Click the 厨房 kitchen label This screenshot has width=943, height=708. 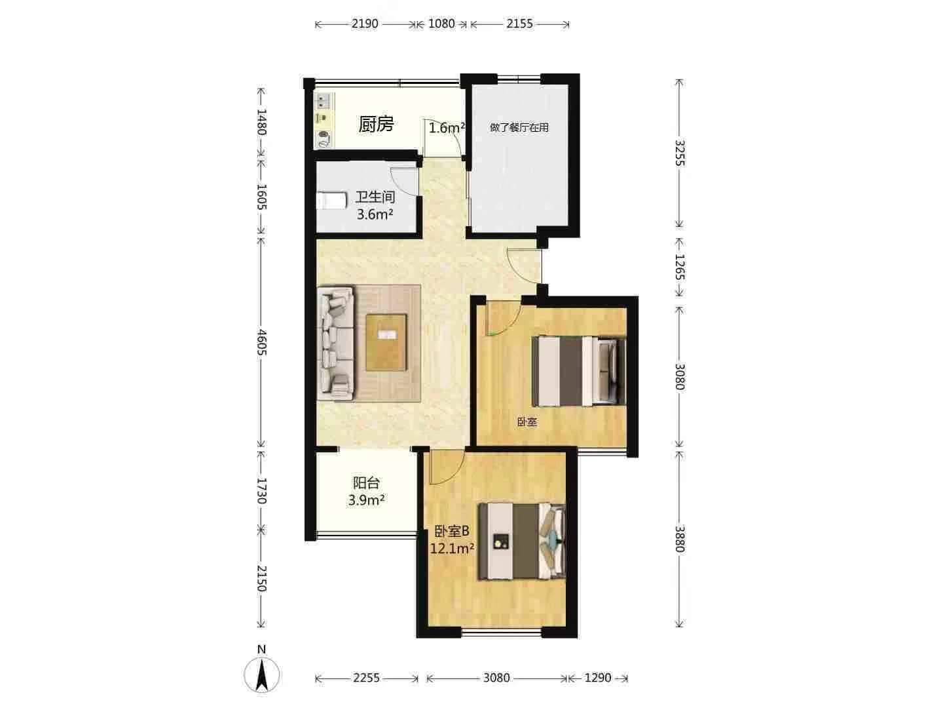(376, 124)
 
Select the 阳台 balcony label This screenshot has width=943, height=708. (366, 483)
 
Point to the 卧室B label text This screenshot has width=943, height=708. (452, 531)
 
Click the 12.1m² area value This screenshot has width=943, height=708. (452, 548)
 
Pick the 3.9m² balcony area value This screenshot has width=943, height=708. (366, 500)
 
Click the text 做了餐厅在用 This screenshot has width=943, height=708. (519, 127)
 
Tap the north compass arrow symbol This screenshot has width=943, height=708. (262, 674)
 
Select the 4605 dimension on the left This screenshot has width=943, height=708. (261, 342)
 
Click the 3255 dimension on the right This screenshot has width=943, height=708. (679, 153)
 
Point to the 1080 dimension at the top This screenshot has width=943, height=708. (441, 24)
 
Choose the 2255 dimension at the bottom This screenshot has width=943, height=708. (366, 678)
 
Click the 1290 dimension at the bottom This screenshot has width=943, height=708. (597, 678)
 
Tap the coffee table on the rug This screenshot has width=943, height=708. (386, 342)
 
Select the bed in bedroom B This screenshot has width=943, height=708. (521, 541)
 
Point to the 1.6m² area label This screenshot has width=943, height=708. (446, 128)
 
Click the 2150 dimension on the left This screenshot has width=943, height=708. (261, 578)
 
